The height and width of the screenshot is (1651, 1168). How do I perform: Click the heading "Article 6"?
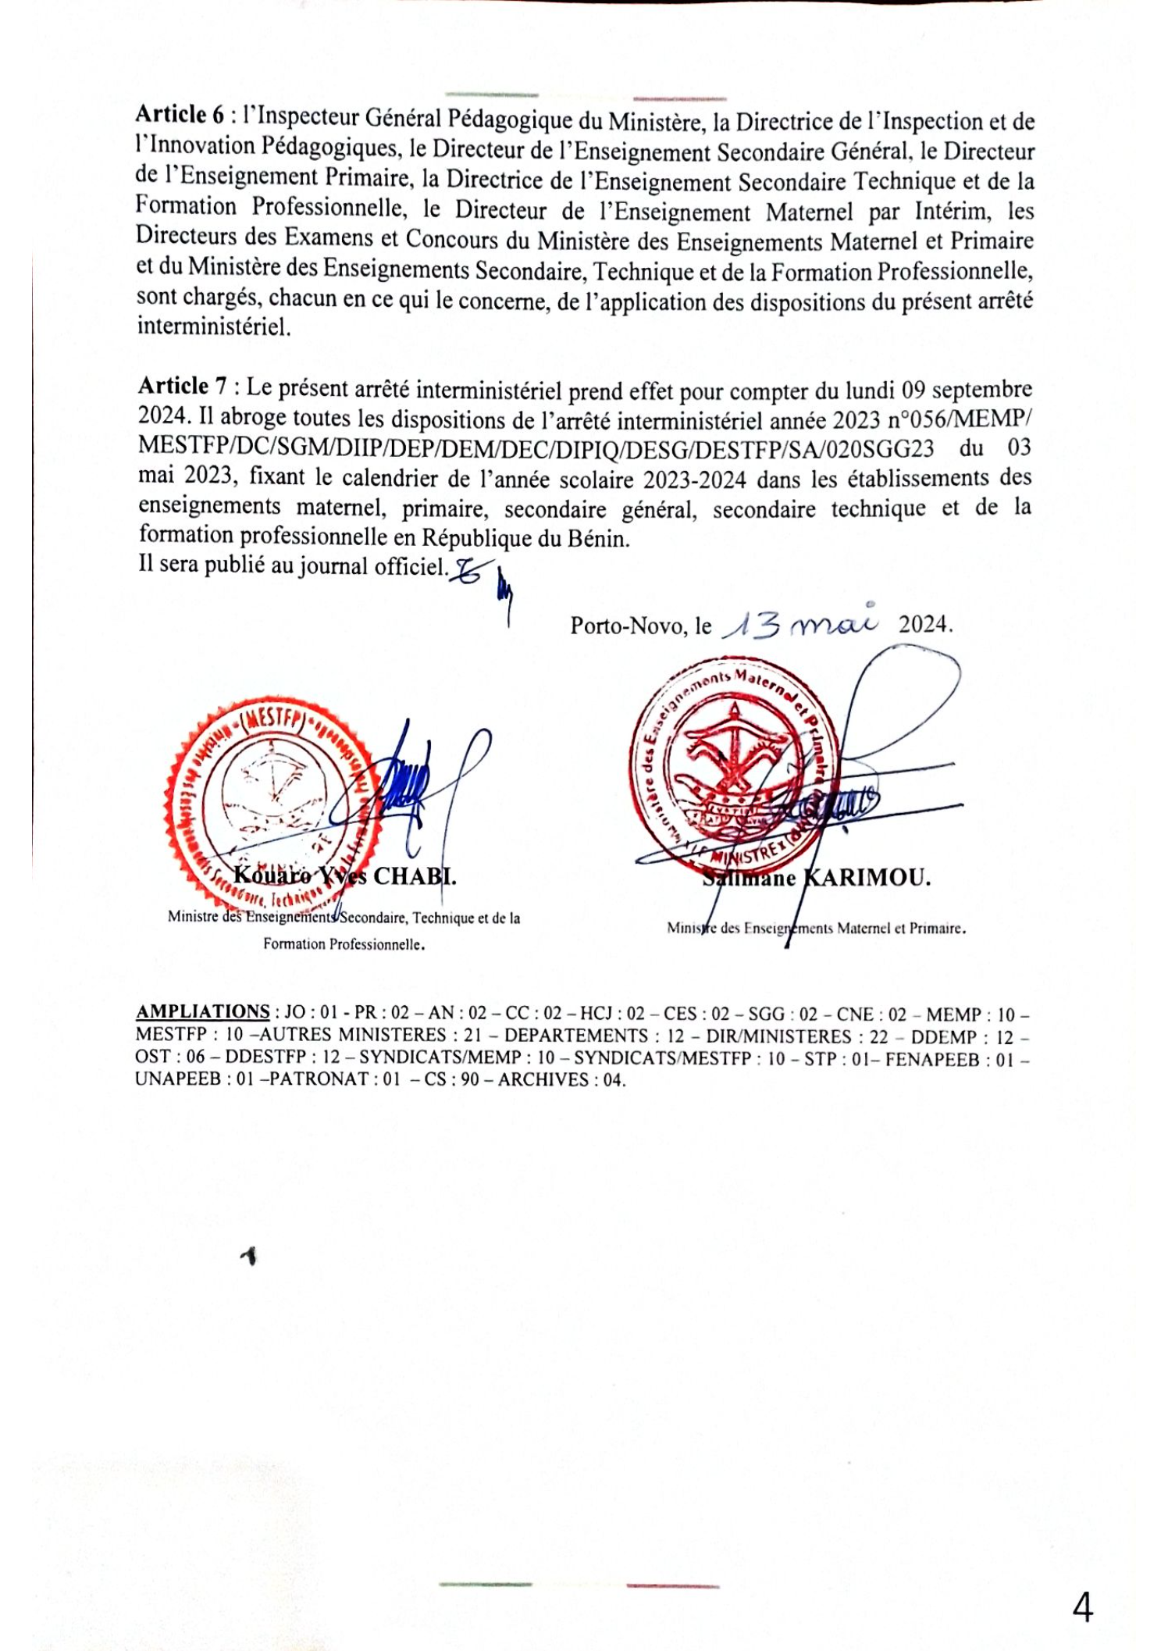(x=180, y=115)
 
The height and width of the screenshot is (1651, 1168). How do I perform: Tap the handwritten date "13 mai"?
(x=799, y=624)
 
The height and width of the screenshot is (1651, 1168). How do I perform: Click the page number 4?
(x=1082, y=1608)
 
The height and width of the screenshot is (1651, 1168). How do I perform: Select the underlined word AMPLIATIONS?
(x=203, y=1011)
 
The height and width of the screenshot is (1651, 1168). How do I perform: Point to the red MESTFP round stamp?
(x=273, y=804)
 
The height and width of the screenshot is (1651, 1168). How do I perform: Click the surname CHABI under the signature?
(x=414, y=876)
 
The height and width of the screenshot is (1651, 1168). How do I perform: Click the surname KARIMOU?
(x=867, y=878)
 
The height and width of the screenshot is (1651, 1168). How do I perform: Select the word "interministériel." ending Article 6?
(x=214, y=326)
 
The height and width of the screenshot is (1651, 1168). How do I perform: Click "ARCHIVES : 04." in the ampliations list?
(x=562, y=1080)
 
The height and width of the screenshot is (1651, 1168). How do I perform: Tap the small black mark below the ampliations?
(x=249, y=1256)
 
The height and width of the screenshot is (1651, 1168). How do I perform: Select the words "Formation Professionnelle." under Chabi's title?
(x=344, y=944)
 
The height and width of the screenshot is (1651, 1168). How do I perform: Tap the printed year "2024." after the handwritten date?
(x=925, y=625)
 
